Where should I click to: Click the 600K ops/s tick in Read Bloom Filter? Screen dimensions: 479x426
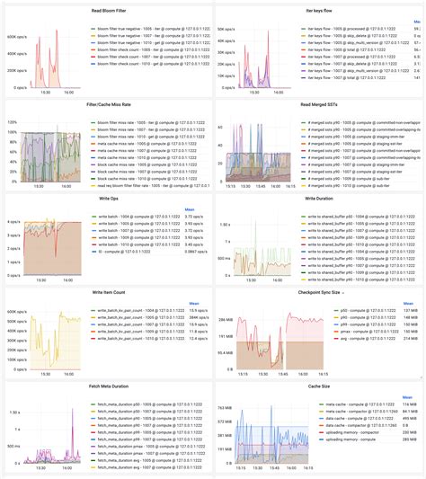(x=18, y=37)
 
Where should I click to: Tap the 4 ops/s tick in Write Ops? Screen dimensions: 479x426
(x=15, y=221)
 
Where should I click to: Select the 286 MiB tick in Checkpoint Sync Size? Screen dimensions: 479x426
(x=227, y=320)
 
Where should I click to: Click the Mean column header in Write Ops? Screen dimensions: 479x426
(x=191, y=211)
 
